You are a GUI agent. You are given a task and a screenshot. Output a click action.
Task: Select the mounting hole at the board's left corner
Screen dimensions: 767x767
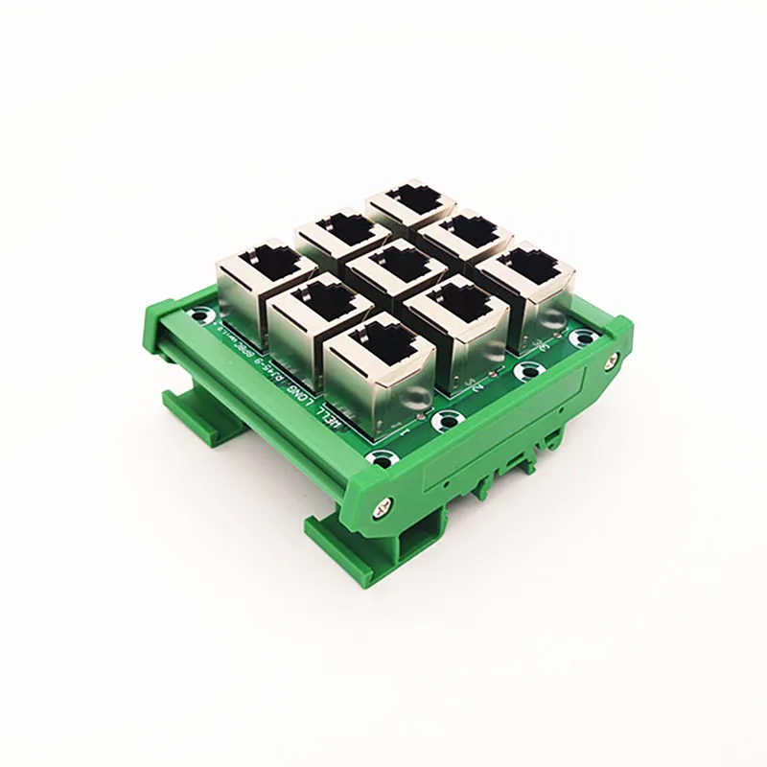pos(198,314)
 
